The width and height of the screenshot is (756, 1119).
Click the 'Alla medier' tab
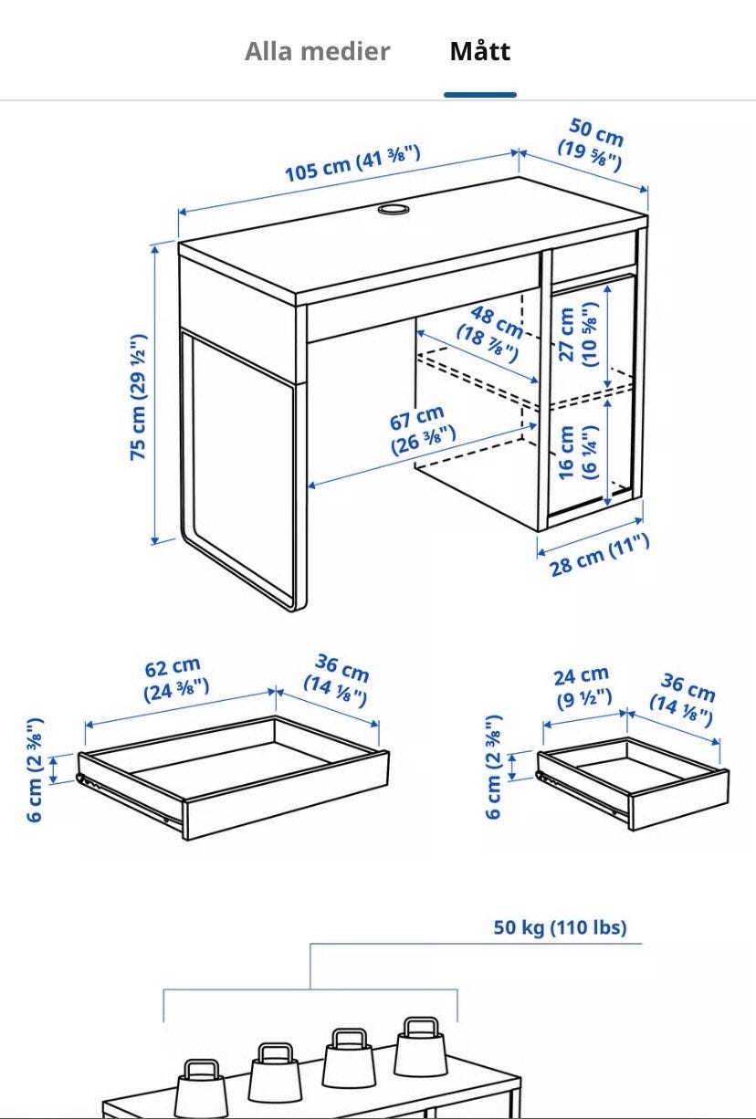click(x=318, y=51)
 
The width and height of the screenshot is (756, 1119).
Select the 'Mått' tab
click(x=480, y=51)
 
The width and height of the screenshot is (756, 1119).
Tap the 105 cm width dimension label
click(x=352, y=163)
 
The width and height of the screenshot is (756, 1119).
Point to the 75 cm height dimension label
click(x=139, y=397)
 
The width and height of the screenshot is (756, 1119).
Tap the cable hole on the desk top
click(x=393, y=208)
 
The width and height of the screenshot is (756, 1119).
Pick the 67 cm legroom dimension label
click(x=421, y=430)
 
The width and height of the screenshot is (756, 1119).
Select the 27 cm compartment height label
click(x=578, y=335)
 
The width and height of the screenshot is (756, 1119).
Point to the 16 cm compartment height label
click(x=577, y=453)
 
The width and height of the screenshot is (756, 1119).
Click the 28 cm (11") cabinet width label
click(x=600, y=555)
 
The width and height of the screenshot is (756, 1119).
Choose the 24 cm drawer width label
click(x=583, y=687)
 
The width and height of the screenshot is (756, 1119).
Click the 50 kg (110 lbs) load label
click(x=560, y=927)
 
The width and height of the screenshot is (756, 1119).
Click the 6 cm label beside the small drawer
click(x=493, y=767)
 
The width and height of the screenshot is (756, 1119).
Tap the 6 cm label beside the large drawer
click(x=35, y=769)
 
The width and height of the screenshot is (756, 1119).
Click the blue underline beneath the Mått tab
click(x=480, y=94)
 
